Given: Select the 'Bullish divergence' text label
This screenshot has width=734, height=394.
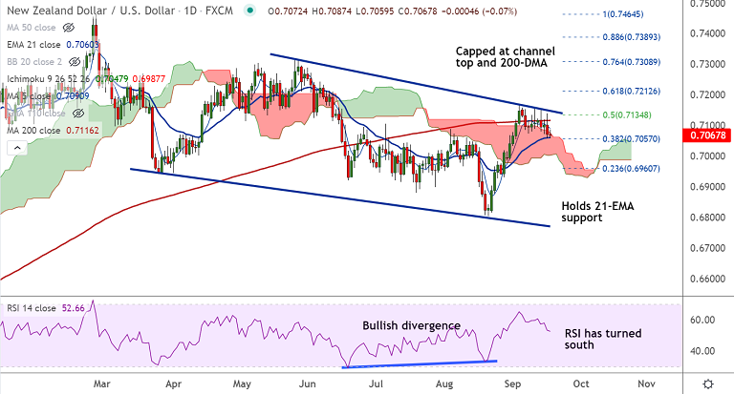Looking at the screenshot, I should [x=411, y=325].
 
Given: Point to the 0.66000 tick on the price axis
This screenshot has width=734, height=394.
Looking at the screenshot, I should [x=707, y=279].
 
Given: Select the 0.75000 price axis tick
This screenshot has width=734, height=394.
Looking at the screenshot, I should [x=707, y=4].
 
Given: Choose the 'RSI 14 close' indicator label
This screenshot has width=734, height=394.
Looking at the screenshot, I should [x=34, y=308].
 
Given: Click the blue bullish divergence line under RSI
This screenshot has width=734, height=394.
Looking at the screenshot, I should [x=420, y=363].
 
